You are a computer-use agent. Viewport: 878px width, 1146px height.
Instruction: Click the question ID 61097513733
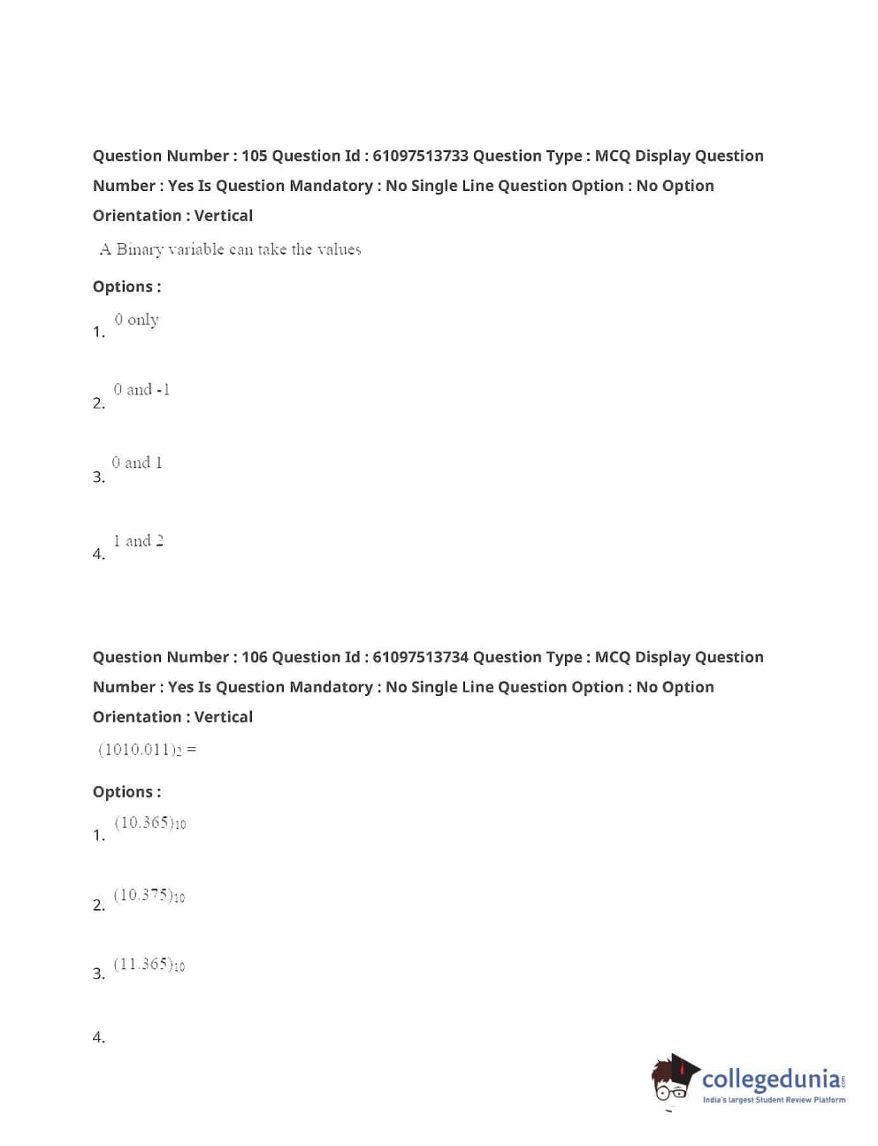click(x=420, y=157)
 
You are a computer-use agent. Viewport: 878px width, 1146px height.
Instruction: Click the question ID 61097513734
click(x=420, y=658)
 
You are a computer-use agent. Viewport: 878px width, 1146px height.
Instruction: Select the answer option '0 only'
click(x=136, y=320)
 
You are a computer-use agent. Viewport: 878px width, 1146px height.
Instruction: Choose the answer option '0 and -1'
click(x=141, y=390)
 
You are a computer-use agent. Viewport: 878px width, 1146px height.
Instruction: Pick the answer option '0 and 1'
click(x=137, y=463)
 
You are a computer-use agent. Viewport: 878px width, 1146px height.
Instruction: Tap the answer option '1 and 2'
click(x=138, y=541)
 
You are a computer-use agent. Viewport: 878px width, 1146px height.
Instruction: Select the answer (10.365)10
click(x=149, y=823)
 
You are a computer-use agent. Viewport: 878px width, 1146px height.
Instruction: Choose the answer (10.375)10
click(x=149, y=896)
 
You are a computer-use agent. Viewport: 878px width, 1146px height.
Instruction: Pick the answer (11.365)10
click(x=149, y=965)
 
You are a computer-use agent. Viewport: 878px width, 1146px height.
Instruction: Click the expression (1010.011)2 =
click(x=147, y=750)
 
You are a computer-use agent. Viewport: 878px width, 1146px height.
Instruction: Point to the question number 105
click(x=254, y=157)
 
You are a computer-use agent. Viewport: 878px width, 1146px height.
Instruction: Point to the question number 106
click(x=254, y=658)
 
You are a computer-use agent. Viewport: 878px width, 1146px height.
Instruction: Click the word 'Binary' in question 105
click(x=140, y=250)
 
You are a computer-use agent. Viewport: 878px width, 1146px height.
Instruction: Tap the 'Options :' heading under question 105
click(x=126, y=287)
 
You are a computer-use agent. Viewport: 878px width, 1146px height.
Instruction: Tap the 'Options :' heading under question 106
click(x=126, y=792)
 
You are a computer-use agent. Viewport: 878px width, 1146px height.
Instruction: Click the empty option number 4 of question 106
click(x=99, y=1038)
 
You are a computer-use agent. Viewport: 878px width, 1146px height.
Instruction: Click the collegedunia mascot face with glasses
click(x=672, y=1083)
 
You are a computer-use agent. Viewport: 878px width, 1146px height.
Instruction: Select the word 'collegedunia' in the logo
click(x=771, y=1080)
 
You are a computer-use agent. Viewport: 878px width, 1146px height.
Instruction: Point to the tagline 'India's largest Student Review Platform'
click(x=774, y=1101)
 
